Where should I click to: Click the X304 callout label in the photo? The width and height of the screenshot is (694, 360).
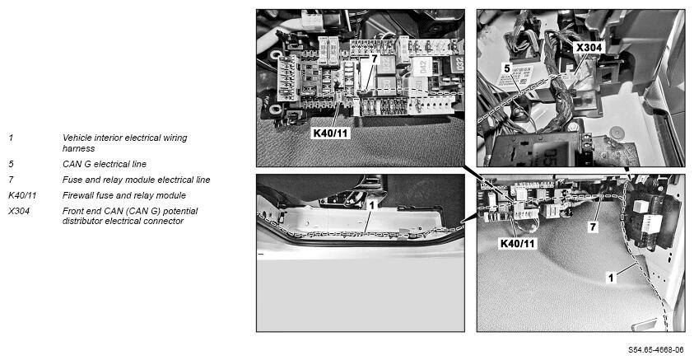point(589,48)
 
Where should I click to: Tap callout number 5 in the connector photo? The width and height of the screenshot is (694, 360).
point(507,68)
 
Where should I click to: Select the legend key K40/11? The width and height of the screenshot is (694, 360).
point(22,195)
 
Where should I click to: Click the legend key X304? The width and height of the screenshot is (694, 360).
point(19,211)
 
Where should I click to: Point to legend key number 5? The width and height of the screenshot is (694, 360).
point(11,164)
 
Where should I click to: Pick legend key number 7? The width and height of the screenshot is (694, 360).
point(11,180)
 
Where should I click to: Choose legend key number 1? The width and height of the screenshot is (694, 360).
point(11,138)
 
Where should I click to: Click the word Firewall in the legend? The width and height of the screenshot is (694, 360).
point(77,195)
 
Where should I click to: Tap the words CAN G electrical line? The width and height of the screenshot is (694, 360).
point(104,164)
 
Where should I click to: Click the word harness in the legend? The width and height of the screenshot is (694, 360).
point(79,148)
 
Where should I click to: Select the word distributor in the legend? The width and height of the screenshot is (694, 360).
point(83,221)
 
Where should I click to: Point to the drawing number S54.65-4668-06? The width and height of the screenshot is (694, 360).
point(656,350)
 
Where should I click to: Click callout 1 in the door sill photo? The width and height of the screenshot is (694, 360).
point(372,205)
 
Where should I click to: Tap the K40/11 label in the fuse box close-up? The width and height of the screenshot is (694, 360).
point(331,133)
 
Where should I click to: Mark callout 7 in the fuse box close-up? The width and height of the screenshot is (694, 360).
point(374,58)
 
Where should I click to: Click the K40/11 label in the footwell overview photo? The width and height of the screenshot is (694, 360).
point(517,243)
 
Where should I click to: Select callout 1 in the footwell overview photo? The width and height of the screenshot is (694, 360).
point(611,278)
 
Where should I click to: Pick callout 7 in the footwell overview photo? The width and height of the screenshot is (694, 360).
point(593,227)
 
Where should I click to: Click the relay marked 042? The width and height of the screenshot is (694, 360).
point(422,67)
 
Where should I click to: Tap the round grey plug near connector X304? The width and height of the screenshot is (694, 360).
point(615,132)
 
